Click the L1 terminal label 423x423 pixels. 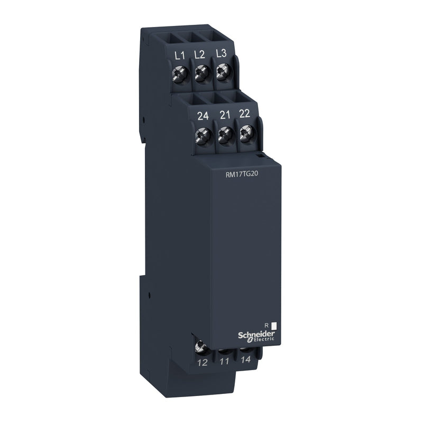(179, 54)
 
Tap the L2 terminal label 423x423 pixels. (199, 54)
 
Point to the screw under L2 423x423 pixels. (200, 75)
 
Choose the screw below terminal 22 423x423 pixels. (245, 135)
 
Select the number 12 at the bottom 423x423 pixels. (201, 363)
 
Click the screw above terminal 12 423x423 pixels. (200, 347)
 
